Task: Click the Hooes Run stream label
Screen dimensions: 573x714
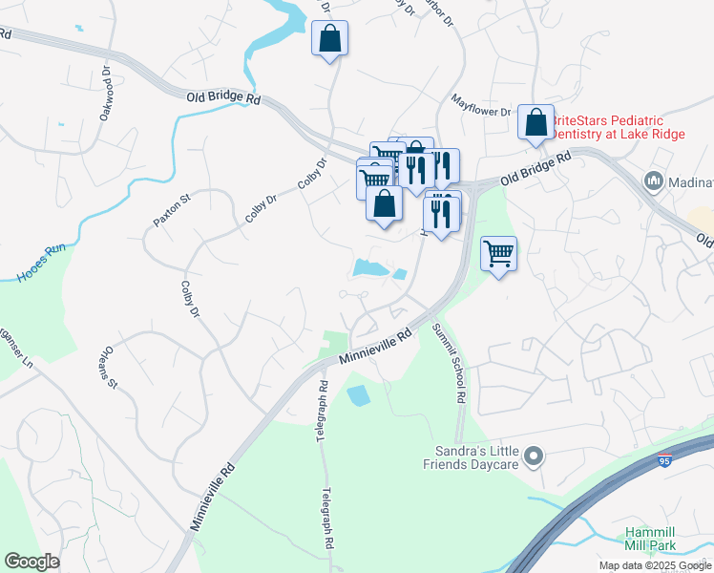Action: click(40, 263)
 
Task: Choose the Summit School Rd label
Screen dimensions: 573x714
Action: click(449, 362)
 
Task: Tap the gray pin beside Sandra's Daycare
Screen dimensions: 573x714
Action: click(534, 457)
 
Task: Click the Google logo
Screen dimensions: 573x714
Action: click(31, 562)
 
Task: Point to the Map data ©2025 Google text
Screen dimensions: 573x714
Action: click(655, 565)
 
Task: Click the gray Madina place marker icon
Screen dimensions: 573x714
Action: click(654, 180)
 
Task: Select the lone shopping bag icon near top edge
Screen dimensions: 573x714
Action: click(329, 39)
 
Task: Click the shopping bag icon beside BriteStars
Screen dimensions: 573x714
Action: click(536, 122)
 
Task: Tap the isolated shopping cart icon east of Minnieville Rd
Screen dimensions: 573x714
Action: click(498, 254)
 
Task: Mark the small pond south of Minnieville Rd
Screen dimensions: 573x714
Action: click(358, 394)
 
